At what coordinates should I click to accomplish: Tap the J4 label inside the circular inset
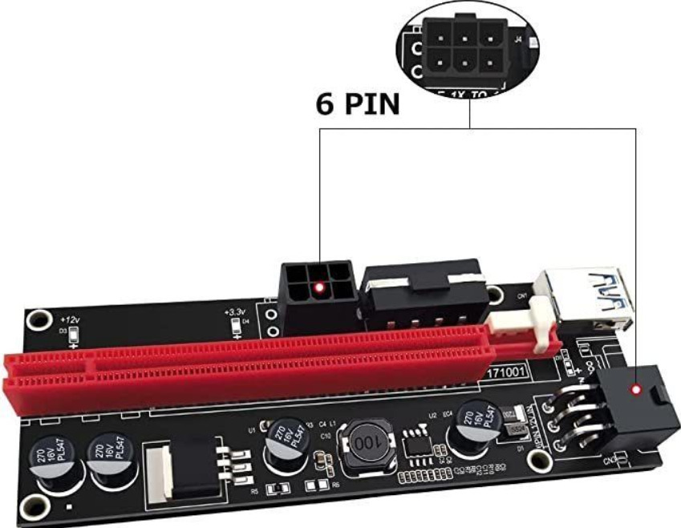(x=519, y=36)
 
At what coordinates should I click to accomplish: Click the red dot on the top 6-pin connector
(x=319, y=287)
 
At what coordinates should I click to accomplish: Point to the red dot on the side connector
(x=635, y=392)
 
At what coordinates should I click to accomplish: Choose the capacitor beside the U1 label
(x=284, y=440)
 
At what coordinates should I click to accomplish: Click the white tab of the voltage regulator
(x=163, y=469)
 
